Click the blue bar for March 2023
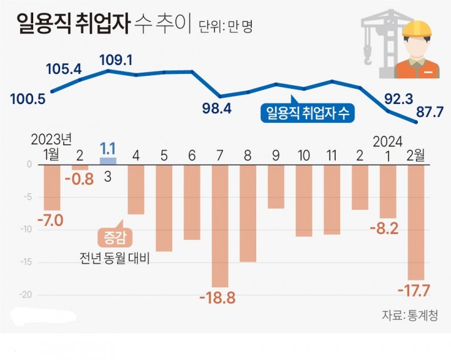tap(108, 161)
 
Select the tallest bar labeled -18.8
tap(220, 226)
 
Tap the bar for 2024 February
tap(416, 222)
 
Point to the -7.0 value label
tap(50, 220)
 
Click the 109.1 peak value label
tap(116, 60)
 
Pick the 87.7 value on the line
tap(430, 111)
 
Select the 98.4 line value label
tap(217, 108)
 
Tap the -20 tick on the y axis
tap(26, 295)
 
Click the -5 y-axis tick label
tap(28, 197)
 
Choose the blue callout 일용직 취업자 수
tap(308, 113)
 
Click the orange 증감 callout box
tap(115, 238)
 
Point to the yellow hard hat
tap(417, 28)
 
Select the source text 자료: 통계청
tap(410, 316)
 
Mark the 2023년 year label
tap(51, 140)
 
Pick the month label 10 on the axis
tap(304, 156)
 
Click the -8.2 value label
tap(384, 229)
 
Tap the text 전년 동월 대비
tap(115, 259)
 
